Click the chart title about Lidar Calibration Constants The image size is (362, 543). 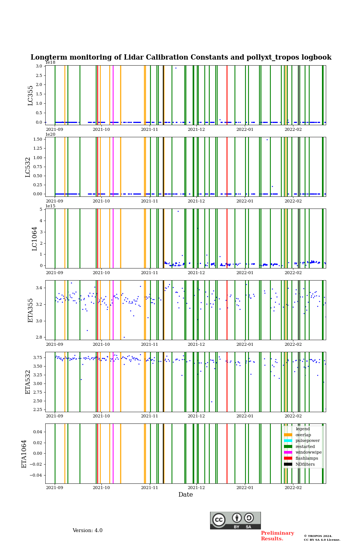tap(181, 57)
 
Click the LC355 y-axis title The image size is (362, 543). tap(31, 95)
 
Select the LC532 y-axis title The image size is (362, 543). tap(28, 167)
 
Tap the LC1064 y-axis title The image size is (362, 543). tap(35, 239)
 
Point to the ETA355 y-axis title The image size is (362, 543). tap(31, 310)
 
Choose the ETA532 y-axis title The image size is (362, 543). tap(28, 382)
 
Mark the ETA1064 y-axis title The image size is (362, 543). tap(24, 454)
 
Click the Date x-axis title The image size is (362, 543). tap(186, 495)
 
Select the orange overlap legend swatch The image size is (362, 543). tap(288, 435)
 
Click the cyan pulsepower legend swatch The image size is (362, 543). tap(288, 441)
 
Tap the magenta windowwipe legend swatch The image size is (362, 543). tap(288, 452)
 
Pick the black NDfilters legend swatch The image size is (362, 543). tap(288, 464)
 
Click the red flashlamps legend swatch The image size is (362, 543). tap(288, 458)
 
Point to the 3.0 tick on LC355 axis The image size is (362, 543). tap(39, 66)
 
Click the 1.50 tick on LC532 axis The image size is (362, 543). tap(37, 140)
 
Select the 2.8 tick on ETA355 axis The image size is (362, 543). tap(39, 337)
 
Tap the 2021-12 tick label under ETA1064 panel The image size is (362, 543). tap(196, 488)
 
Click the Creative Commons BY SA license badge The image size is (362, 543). tap(235, 520)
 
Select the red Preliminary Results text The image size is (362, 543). tap(277, 536)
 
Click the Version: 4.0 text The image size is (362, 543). tap(87, 531)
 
